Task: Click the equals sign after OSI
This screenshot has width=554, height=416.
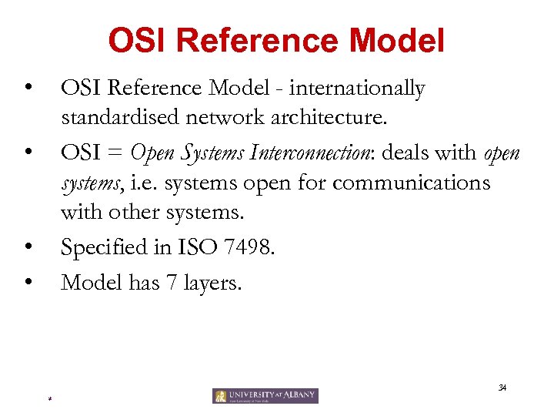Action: click(x=115, y=153)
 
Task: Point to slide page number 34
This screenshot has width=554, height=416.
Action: click(x=502, y=387)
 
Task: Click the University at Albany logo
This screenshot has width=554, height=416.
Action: click(x=265, y=396)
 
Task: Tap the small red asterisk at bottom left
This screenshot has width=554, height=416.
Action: click(x=48, y=399)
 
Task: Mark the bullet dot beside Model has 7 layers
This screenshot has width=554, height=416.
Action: click(x=28, y=282)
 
